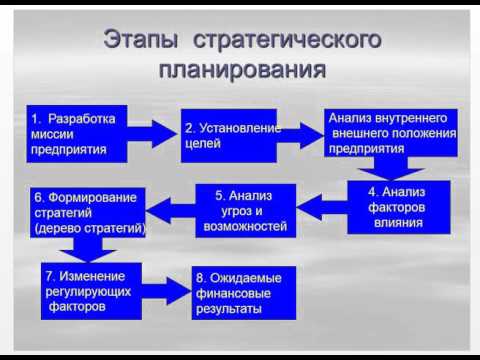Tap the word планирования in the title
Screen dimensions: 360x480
click(x=241, y=72)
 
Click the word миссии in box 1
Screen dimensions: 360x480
click(x=52, y=136)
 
